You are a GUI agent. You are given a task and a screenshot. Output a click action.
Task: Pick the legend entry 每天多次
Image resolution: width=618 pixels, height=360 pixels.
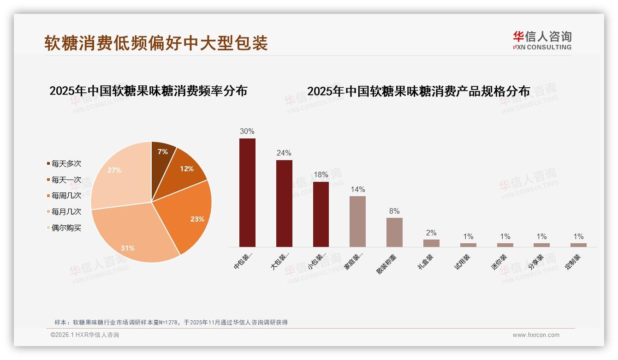tap(66, 164)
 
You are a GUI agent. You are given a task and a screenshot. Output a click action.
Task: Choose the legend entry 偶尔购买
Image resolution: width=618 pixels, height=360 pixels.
tap(66, 228)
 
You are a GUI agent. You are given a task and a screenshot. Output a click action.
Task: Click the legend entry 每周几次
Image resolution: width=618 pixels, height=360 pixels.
tap(66, 196)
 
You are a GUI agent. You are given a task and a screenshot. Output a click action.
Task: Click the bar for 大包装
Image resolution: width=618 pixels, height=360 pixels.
tap(284, 203)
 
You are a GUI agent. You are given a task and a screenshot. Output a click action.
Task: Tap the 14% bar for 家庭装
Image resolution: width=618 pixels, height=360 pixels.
tap(357, 222)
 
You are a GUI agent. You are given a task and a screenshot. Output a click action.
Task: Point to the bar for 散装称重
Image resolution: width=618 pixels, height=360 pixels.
tap(394, 232)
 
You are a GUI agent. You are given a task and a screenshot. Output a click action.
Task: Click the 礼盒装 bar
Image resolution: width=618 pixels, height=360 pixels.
tap(431, 243)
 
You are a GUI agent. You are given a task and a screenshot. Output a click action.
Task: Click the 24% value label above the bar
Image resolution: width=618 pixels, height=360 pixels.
tap(284, 153)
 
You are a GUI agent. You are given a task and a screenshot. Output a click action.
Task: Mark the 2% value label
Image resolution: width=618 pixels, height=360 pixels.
tap(431, 233)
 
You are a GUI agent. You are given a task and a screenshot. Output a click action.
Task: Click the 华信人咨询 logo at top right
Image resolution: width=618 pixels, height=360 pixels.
tap(542, 41)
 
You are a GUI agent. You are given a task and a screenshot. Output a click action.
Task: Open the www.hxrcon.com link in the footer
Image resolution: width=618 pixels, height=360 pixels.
tap(536, 335)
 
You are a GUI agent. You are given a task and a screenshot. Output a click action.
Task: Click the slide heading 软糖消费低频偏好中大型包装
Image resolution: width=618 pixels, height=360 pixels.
tap(156, 43)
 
